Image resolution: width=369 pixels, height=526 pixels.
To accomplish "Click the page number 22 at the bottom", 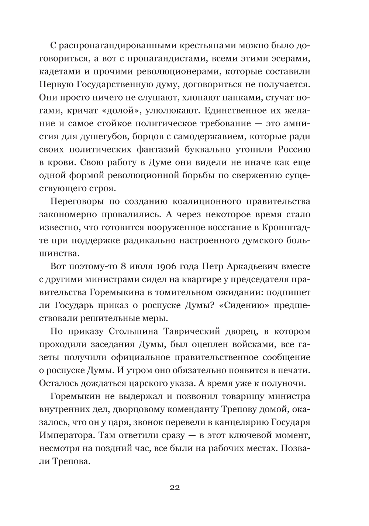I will coord(175,488).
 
